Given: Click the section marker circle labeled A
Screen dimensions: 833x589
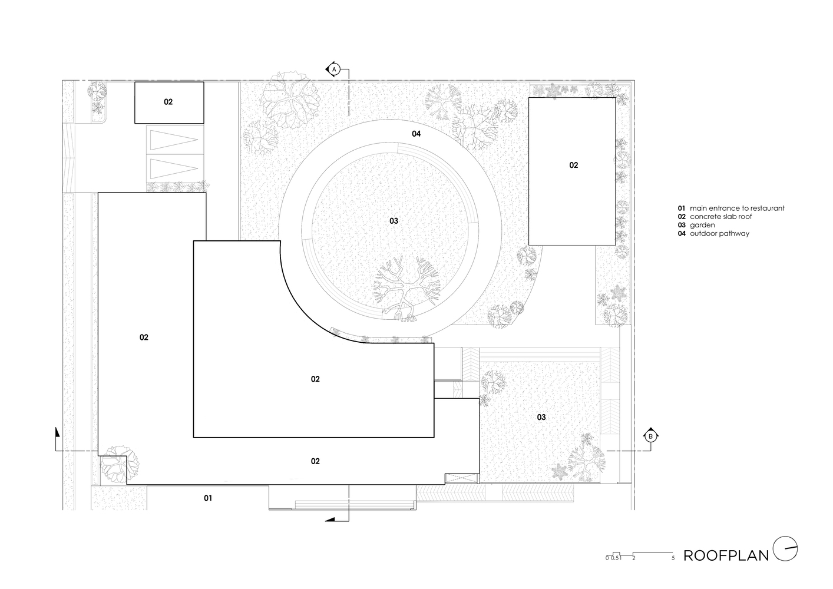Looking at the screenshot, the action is [x=334, y=69].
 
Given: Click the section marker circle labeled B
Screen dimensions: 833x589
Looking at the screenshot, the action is [x=650, y=436].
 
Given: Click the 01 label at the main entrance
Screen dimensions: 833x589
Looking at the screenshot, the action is [x=208, y=498].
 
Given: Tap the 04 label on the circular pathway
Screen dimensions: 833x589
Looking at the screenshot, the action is [x=416, y=134].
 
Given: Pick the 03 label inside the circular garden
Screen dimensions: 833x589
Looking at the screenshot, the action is [x=394, y=221].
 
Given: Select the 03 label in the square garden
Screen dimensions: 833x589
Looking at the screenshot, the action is [x=541, y=417].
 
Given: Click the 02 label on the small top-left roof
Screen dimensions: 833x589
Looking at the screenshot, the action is [x=168, y=102].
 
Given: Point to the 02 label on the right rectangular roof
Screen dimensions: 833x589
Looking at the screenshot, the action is [x=573, y=165].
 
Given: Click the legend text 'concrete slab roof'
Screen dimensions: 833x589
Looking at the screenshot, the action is [x=720, y=217].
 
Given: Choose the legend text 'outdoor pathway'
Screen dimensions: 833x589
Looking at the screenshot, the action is [x=719, y=234].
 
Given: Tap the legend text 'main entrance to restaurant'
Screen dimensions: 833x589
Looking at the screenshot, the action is [x=737, y=209].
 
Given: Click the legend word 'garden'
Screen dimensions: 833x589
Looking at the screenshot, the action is [x=702, y=226].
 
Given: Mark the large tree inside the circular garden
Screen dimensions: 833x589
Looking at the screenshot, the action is [x=407, y=289].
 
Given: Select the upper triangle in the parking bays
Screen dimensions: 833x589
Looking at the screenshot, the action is [x=174, y=140].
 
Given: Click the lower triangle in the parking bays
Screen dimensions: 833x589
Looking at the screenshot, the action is [x=174, y=168].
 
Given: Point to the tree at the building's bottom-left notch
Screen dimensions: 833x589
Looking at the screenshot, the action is [x=120, y=464].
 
